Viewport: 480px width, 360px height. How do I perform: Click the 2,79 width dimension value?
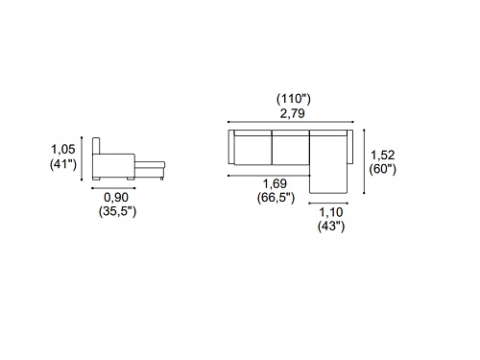click(x=293, y=113)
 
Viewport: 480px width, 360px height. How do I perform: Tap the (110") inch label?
click(x=294, y=99)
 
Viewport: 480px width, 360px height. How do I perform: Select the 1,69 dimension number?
click(x=276, y=183)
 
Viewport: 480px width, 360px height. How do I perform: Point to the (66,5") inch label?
click(x=276, y=198)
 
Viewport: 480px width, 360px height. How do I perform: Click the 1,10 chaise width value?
click(x=331, y=212)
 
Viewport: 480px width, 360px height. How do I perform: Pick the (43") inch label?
click(x=331, y=227)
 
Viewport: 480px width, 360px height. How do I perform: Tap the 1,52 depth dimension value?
click(x=383, y=156)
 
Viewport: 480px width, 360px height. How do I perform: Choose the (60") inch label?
click(x=383, y=169)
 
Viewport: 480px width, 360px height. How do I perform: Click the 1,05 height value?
click(x=63, y=149)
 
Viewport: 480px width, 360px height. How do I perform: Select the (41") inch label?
click(x=63, y=164)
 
